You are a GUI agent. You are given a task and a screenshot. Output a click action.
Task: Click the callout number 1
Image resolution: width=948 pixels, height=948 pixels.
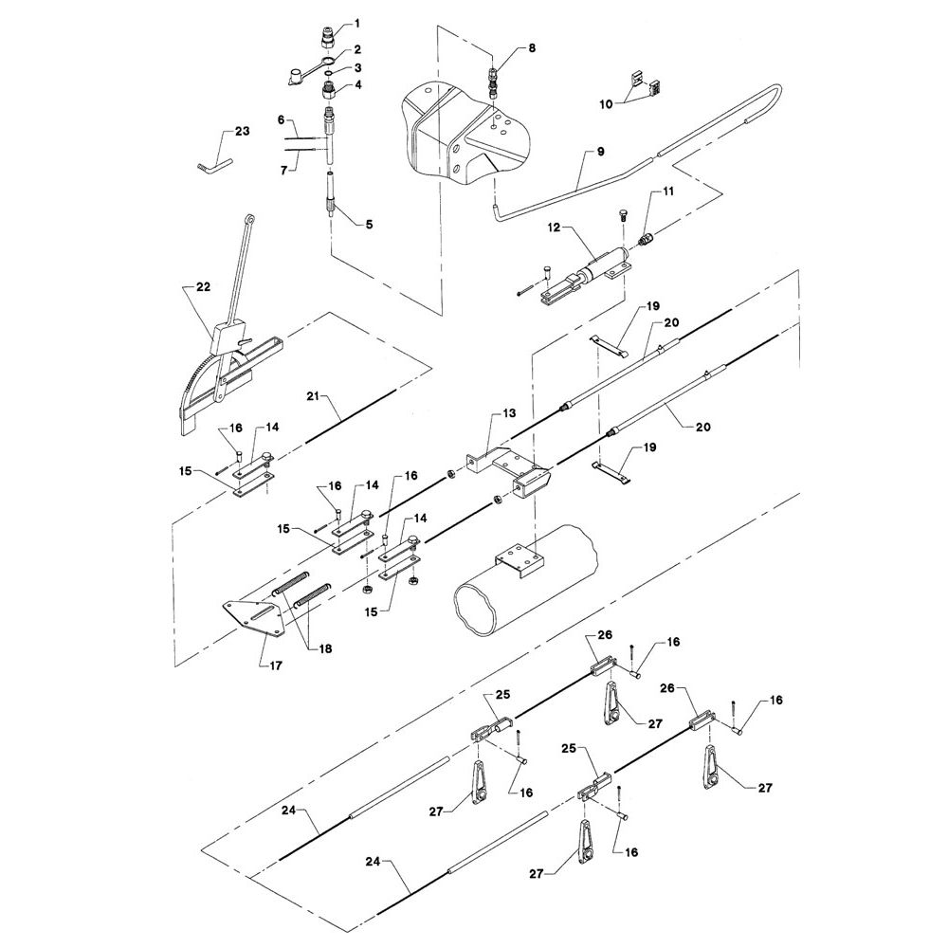tap(356, 24)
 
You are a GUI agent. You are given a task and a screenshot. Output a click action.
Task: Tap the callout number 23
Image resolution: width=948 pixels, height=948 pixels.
tap(242, 131)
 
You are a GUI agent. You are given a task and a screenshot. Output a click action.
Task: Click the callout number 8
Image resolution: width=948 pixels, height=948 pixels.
tap(532, 47)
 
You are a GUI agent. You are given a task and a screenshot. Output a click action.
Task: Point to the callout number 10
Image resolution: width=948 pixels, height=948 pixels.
tap(606, 104)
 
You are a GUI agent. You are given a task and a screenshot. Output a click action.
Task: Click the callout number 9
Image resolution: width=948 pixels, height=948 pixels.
tap(600, 151)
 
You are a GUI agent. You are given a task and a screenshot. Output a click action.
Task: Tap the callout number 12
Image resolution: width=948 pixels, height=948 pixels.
tap(554, 228)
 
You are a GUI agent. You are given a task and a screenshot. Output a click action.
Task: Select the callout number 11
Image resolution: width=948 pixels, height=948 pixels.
tap(667, 191)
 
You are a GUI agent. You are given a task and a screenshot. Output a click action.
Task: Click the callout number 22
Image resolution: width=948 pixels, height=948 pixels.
tap(203, 286)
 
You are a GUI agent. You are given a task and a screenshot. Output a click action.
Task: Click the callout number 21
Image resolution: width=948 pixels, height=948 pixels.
tap(312, 396)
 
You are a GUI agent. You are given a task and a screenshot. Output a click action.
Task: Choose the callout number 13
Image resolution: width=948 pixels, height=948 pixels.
tap(509, 413)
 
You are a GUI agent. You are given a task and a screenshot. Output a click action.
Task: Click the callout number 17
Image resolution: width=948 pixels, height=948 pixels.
tap(276, 665)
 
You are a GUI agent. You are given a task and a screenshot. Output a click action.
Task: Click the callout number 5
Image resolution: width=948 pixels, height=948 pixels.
tap(369, 225)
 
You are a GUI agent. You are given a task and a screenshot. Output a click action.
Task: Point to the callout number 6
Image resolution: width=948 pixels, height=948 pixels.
tap(281, 119)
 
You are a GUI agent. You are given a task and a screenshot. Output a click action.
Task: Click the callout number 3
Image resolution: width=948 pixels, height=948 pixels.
tap(358, 67)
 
